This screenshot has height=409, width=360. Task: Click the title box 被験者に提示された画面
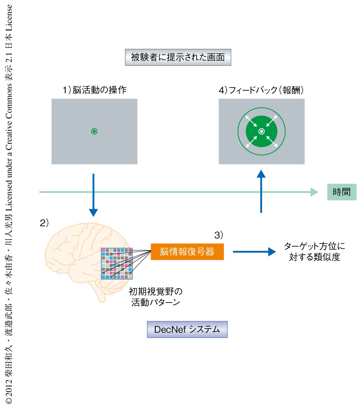(x=178, y=57)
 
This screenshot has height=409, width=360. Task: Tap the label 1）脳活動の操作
(x=94, y=90)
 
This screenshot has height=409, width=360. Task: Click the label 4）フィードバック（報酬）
(x=261, y=90)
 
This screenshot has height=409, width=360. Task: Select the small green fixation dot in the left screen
(x=94, y=131)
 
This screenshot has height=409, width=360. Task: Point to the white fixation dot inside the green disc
(x=262, y=131)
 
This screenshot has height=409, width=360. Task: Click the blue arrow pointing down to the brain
(x=94, y=195)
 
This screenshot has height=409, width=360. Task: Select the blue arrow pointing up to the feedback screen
(x=261, y=192)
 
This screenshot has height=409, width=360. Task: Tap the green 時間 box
(x=342, y=192)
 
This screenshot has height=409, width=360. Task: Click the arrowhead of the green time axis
(x=314, y=192)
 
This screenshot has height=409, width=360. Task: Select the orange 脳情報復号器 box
(x=187, y=251)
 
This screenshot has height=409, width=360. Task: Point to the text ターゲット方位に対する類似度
(x=314, y=252)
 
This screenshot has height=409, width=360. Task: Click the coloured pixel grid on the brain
(x=117, y=263)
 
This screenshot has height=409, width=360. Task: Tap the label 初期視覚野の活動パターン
(x=156, y=297)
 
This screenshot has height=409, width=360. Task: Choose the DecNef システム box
(x=187, y=329)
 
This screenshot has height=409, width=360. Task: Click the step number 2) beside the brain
(x=44, y=223)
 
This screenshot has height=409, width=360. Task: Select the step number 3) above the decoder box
(x=219, y=235)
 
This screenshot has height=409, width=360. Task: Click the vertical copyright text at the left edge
(x=9, y=204)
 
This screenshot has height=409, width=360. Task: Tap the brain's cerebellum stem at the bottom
(x=101, y=294)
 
